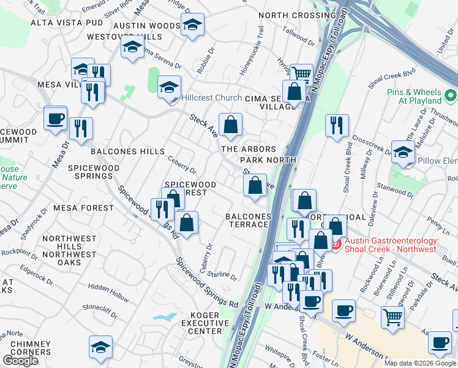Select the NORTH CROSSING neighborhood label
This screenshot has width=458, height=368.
click(x=297, y=15)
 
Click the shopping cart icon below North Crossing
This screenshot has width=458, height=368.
click(x=301, y=74)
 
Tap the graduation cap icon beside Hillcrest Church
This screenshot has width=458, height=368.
click(x=169, y=86)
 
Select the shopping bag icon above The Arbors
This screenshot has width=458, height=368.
click(x=230, y=125)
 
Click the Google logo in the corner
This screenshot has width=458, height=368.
click(x=20, y=360)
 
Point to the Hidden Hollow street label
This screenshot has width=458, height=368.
click(x=108, y=291)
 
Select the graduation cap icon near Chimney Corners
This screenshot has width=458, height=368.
click(x=100, y=347)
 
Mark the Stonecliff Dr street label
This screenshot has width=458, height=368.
click(x=100, y=310)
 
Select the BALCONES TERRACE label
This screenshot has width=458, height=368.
click(x=247, y=220)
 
